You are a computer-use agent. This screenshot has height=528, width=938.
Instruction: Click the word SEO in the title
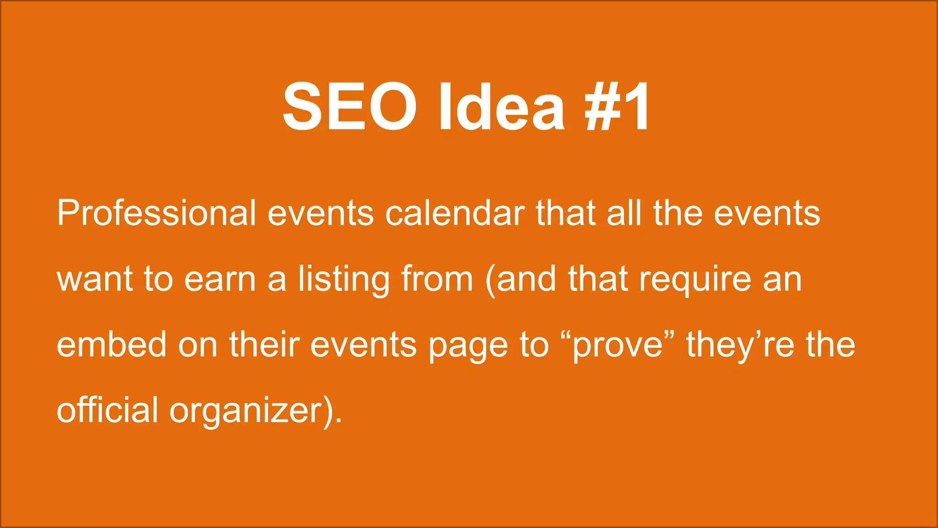click(349, 106)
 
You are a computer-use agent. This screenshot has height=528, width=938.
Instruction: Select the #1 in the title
click(617, 106)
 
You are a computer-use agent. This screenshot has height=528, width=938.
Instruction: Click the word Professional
click(156, 213)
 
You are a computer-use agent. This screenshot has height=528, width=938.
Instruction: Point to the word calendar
click(455, 213)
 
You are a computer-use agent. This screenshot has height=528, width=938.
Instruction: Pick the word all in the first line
click(624, 213)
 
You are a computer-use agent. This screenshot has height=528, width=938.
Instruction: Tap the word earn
click(220, 279)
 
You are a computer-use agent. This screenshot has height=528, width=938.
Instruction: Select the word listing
click(344, 280)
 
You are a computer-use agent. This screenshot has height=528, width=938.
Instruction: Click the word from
click(437, 279)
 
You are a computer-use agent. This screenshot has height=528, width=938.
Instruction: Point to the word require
click(695, 280)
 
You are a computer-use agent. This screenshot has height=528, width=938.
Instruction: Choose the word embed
click(111, 344)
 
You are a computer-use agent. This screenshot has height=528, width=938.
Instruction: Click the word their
click(264, 344)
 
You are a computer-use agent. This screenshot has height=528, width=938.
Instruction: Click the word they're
click(740, 345)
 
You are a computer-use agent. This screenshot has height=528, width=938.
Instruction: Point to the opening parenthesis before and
click(490, 280)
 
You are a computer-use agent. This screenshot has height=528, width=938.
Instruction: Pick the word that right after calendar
click(565, 213)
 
